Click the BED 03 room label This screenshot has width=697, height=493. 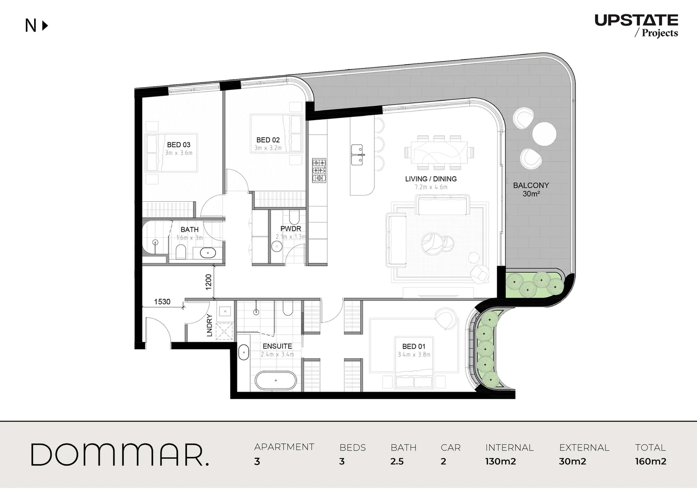tap(178, 145)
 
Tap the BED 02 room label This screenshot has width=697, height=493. tap(268, 140)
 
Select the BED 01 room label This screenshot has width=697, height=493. tap(414, 346)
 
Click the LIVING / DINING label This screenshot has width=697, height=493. tap(430, 179)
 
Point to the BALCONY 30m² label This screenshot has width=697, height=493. tap(531, 189)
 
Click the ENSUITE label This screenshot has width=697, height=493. tap(277, 346)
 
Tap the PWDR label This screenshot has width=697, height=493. tap(291, 229)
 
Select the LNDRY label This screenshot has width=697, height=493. tap(210, 325)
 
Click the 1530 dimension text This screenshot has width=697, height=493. tap(162, 302)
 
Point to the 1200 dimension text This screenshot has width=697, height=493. tap(209, 282)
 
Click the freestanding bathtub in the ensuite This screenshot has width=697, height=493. tap(275, 381)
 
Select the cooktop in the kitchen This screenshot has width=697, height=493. tap(319, 170)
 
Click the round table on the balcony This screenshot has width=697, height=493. tap(544, 134)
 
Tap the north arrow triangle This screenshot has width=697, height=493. tap(45, 26)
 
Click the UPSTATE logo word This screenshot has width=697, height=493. tap(636, 20)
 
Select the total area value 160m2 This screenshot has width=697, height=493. tap(650, 462)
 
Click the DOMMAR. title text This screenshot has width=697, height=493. tap(120, 455)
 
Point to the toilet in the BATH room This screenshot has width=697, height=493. tap(181, 251)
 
